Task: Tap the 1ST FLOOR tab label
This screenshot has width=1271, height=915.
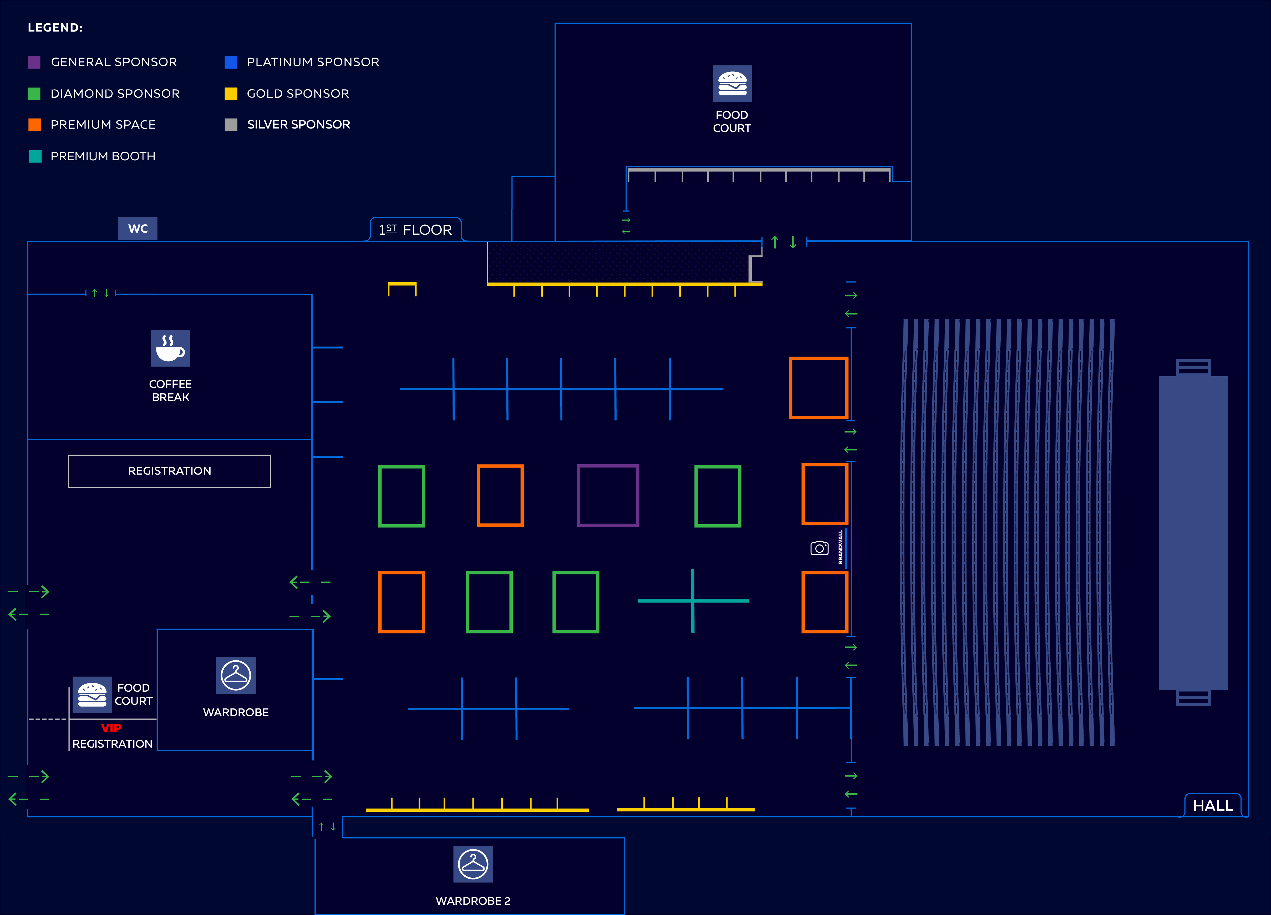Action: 415,230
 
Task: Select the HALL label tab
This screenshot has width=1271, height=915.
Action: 1213,805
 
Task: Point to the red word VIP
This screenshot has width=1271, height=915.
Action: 111,728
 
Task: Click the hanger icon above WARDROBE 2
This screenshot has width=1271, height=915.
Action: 473,863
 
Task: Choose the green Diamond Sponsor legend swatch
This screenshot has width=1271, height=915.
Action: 34,94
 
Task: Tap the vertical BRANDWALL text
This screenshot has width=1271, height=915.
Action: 840,547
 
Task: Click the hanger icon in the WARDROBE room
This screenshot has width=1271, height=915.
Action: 236,675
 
